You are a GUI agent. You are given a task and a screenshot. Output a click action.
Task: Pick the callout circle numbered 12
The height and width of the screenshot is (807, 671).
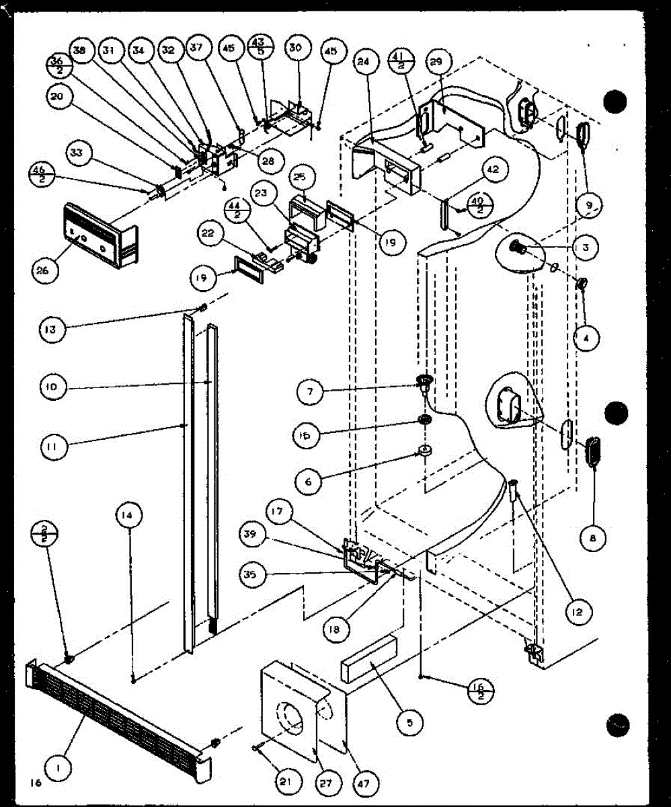[x=579, y=611]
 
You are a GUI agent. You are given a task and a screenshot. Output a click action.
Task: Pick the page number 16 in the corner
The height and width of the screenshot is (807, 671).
[x=35, y=783]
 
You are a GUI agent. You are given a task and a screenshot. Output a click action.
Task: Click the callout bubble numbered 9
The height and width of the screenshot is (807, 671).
[x=589, y=203]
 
